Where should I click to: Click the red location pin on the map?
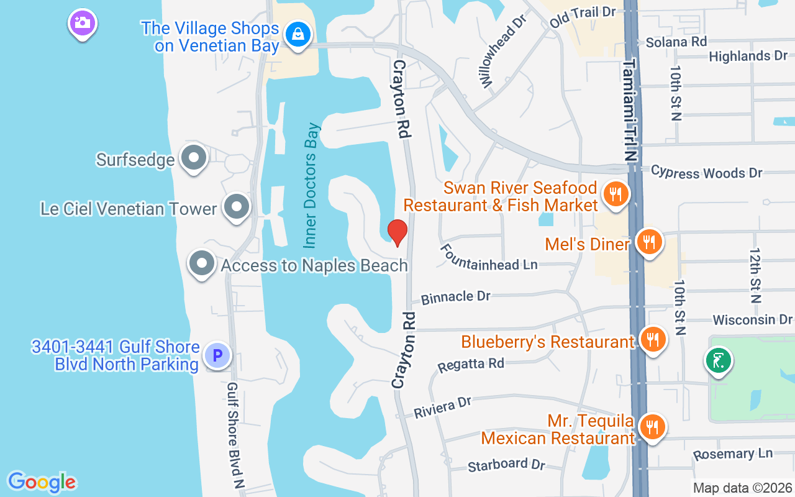tap(397, 232)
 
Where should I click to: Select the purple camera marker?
tap(82, 23)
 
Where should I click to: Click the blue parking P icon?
tap(217, 356)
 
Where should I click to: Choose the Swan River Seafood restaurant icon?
tap(616, 194)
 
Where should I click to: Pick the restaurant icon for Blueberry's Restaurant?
tap(652, 339)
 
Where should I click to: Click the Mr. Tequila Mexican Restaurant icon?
tap(652, 427)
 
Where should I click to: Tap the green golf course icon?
tap(718, 360)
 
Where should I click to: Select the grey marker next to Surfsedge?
tap(193, 158)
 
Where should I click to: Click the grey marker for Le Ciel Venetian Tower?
tap(237, 206)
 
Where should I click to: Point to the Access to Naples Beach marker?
tap(202, 264)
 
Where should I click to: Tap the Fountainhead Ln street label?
tap(489, 257)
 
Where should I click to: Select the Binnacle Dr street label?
tap(456, 297)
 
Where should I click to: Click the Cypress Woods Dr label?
tap(707, 172)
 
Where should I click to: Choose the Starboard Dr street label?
tap(506, 465)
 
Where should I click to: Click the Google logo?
tap(42, 481)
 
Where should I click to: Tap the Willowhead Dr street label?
tap(501, 51)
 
